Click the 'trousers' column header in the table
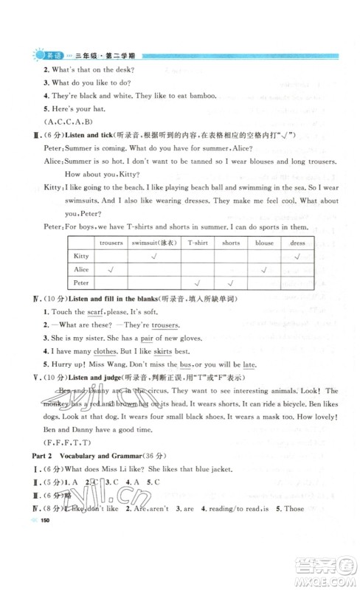click(111, 242)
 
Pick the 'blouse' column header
click(264, 242)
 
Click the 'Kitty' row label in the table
click(82, 255)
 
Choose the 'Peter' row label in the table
click(82, 283)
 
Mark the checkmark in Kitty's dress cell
click(297, 255)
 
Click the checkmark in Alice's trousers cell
click(111, 269)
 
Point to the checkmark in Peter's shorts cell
click(231, 283)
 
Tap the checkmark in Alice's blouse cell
click(264, 269)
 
